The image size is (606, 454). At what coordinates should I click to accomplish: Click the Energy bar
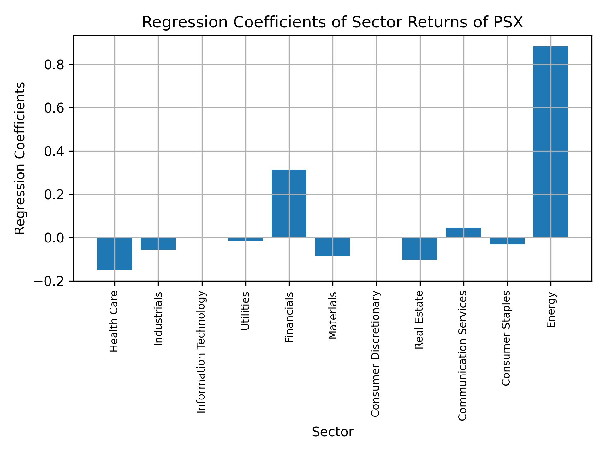550,142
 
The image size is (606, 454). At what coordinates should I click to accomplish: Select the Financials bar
289,203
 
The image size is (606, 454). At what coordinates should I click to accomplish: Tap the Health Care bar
115,253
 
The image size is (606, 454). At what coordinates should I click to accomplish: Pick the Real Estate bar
420,248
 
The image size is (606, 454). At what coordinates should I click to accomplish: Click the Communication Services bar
463,232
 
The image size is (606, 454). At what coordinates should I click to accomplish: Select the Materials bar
332,247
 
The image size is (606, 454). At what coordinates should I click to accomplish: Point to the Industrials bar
158,243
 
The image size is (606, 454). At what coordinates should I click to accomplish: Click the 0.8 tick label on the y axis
54,65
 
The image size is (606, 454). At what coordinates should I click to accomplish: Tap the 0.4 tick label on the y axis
54,152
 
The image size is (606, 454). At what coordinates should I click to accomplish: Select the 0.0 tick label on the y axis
54,238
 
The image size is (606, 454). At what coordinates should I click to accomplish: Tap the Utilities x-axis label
246,311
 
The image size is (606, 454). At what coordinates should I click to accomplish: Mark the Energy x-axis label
551,310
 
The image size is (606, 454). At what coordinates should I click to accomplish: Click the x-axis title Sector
333,432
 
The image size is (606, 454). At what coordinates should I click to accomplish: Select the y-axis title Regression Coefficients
20,158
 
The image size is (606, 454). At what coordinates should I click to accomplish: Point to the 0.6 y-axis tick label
54,108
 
